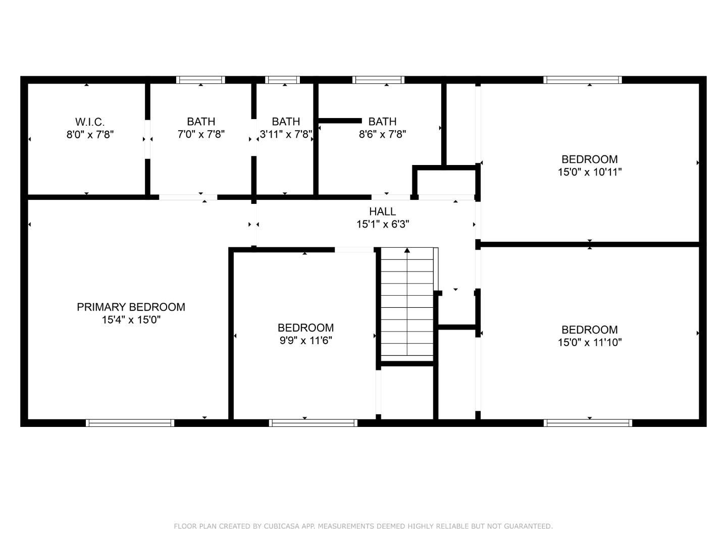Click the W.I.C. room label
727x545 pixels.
(x=90, y=122)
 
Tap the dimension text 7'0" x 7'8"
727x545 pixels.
(x=201, y=134)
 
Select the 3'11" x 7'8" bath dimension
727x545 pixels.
(x=286, y=134)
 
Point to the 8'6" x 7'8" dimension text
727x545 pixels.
(x=382, y=134)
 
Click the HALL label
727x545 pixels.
(x=382, y=211)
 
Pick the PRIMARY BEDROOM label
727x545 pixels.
(x=131, y=307)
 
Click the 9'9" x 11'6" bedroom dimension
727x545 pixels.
(x=305, y=341)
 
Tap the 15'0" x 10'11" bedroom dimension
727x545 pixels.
(x=589, y=172)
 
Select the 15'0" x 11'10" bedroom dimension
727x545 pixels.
(x=589, y=342)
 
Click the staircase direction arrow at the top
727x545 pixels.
(x=407, y=250)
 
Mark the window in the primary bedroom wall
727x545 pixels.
(x=130, y=423)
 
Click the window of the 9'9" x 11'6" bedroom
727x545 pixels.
(x=313, y=423)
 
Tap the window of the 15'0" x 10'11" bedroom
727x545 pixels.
(x=582, y=80)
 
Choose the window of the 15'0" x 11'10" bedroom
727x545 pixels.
(x=588, y=423)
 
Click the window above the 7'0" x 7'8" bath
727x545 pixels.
(x=200, y=80)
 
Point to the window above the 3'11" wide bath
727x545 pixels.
(x=282, y=80)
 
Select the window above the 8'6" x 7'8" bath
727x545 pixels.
(x=379, y=80)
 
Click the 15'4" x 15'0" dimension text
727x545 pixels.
(x=131, y=319)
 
